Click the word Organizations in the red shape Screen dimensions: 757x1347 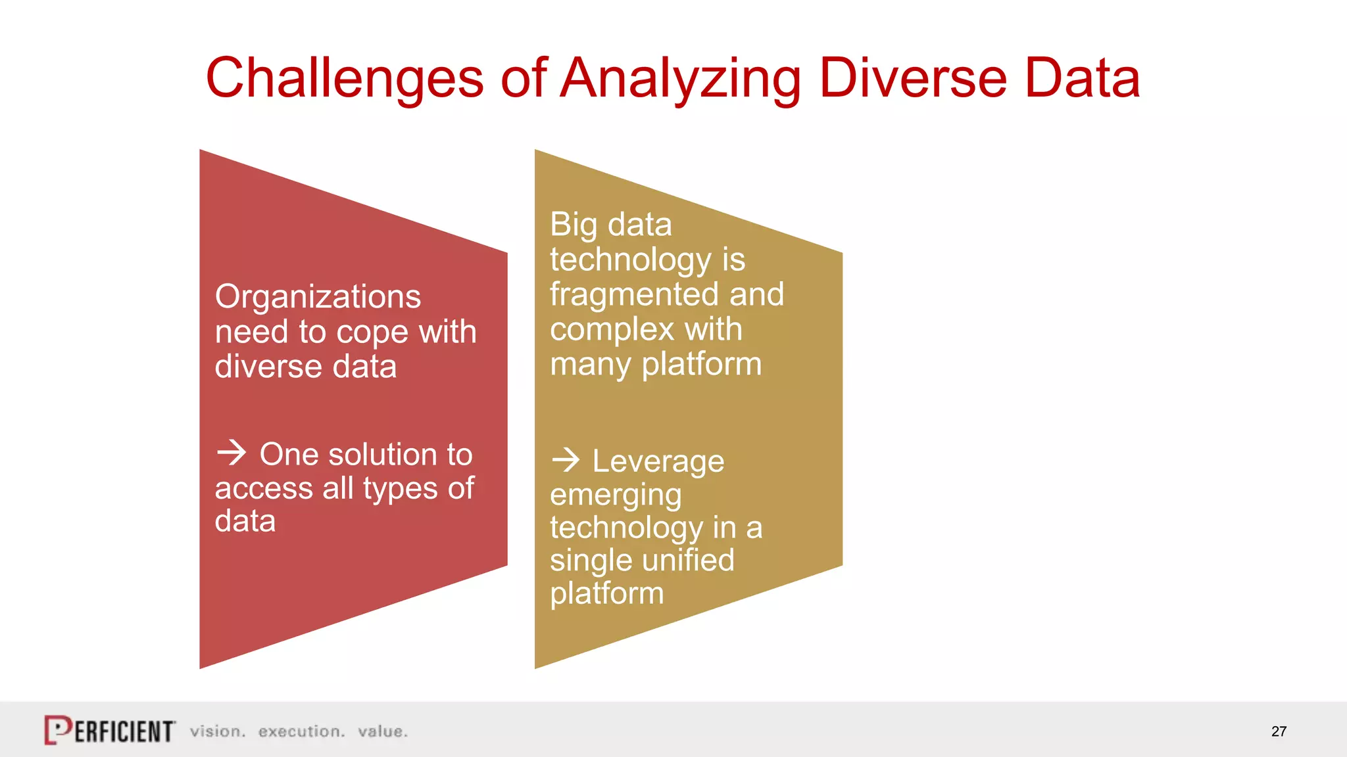coord(318,297)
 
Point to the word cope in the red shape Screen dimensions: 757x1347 coord(373,333)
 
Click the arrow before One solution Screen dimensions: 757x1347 coord(232,453)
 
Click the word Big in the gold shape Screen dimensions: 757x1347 coord(574,225)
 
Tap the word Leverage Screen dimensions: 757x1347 coord(658,461)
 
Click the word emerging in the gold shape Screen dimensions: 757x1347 coord(616,495)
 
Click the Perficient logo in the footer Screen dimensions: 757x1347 coord(109,730)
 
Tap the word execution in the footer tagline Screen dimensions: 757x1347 coord(301,731)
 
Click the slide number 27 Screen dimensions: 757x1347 coord(1279,731)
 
